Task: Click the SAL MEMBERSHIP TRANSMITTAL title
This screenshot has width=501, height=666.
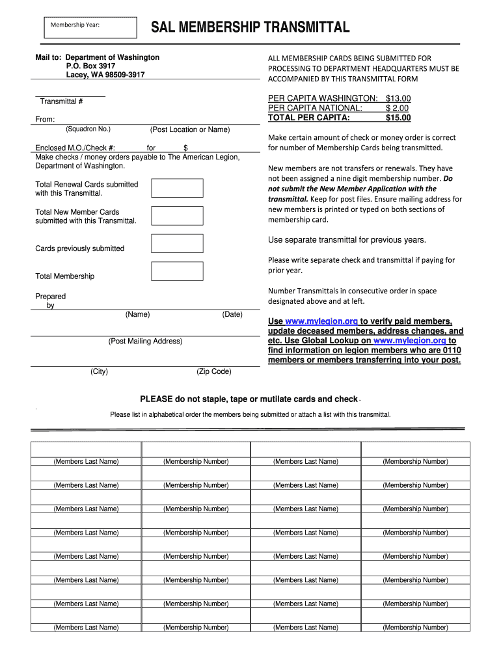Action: [251, 27]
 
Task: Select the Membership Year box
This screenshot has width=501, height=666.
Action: [90, 27]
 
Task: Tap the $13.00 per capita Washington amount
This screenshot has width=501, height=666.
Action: [398, 98]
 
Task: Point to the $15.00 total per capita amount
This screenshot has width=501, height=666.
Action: [398, 118]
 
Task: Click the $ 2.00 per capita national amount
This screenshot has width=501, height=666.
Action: [397, 108]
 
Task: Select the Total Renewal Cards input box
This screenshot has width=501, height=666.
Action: [177, 188]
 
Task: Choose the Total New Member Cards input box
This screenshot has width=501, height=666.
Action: [177, 215]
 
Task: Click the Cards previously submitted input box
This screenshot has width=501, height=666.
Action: [177, 243]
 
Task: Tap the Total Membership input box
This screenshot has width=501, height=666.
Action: [177, 271]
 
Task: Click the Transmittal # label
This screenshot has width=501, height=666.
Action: [61, 101]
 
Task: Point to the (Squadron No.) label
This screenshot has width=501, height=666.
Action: [88, 129]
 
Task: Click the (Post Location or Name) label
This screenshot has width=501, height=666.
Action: [189, 129]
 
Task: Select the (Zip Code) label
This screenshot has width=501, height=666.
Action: [213, 371]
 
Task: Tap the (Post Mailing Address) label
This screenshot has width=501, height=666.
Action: [145, 341]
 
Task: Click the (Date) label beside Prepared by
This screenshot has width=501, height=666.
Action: [232, 314]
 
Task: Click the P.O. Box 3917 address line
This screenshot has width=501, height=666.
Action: [91, 66]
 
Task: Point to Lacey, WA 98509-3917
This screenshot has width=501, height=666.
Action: [105, 75]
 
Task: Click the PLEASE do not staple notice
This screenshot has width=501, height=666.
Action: [249, 399]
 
